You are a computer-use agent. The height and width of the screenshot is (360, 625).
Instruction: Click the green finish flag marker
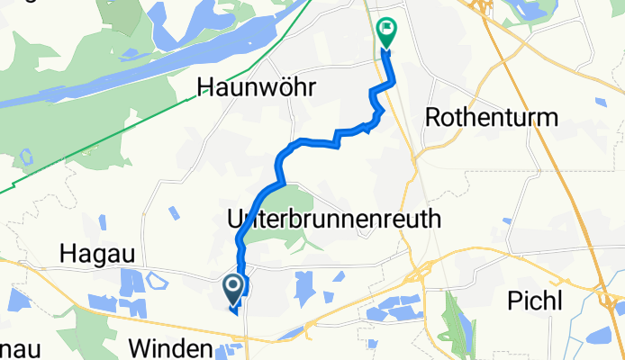[x=387, y=33]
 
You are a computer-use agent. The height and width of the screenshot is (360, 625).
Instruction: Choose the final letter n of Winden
[x=206, y=348]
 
